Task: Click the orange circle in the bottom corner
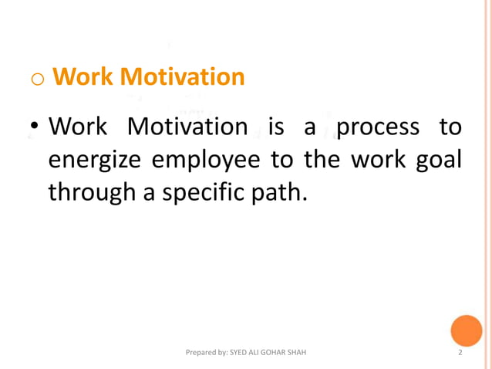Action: tap(467, 330)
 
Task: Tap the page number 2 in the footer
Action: tap(460, 353)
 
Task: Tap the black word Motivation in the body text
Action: tap(187, 126)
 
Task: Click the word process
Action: tap(378, 126)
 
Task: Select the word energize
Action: tap(96, 159)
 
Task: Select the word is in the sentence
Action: tap(276, 126)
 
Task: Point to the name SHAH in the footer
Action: tap(297, 353)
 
